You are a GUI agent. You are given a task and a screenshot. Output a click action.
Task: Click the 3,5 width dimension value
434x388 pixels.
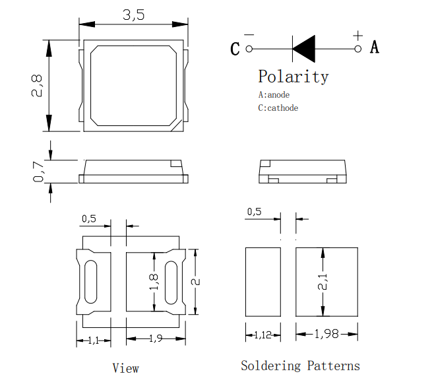(x=134, y=15)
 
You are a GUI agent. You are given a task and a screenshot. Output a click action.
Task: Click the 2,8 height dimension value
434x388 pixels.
(x=37, y=86)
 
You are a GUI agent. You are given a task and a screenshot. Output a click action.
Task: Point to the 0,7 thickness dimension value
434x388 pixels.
(x=38, y=172)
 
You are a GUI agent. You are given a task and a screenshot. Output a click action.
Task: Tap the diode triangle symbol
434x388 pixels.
(x=304, y=49)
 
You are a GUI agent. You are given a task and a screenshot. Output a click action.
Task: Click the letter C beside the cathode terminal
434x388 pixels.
(x=235, y=49)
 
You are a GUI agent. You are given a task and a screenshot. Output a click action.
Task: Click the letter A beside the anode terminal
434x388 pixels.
(x=375, y=47)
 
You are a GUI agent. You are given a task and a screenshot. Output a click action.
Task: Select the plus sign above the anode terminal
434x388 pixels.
(x=358, y=36)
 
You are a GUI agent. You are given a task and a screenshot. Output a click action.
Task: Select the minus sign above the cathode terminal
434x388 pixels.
(x=249, y=34)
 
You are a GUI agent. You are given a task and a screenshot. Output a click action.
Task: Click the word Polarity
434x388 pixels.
(x=294, y=77)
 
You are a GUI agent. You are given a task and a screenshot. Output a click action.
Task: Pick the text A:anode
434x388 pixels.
(x=274, y=95)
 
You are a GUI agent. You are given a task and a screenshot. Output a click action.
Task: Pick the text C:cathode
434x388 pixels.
(x=278, y=108)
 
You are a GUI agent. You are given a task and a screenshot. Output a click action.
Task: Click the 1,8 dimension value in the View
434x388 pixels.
(x=154, y=282)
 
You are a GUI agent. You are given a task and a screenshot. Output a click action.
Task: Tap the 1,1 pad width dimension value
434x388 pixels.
(x=94, y=340)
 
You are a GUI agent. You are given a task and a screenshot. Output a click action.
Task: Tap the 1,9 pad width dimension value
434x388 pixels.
(x=156, y=339)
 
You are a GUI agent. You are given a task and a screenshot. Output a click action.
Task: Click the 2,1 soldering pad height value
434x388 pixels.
(x=323, y=282)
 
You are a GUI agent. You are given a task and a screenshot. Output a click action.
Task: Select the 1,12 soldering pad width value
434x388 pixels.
(x=263, y=335)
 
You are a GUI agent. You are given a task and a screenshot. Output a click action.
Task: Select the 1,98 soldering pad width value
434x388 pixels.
(x=326, y=334)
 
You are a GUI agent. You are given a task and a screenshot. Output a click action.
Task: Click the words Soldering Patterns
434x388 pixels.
(x=300, y=366)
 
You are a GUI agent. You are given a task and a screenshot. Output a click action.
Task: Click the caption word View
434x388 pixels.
(x=126, y=368)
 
